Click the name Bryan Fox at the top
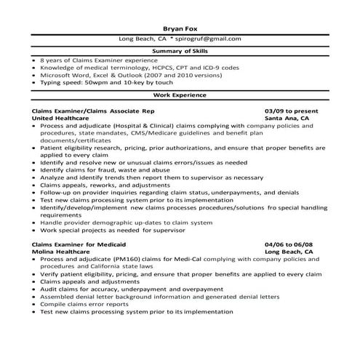pyautogui.click(x=179, y=28)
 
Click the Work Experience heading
pyautogui.click(x=179, y=95)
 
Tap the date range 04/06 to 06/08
pyautogui.click(x=290, y=244)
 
